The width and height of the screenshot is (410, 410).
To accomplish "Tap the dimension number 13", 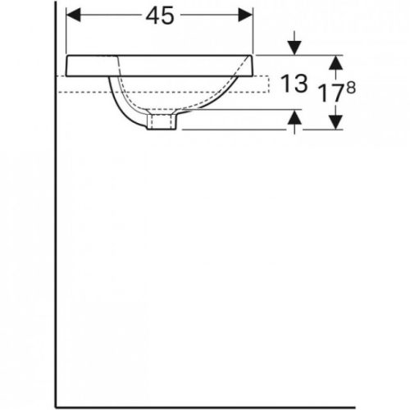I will coord(293,83).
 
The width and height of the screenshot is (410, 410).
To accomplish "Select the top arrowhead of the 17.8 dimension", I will coord(335,61).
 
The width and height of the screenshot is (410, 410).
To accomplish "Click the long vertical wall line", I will coord(55,246).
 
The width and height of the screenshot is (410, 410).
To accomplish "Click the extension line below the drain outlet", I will coord(238,130).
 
